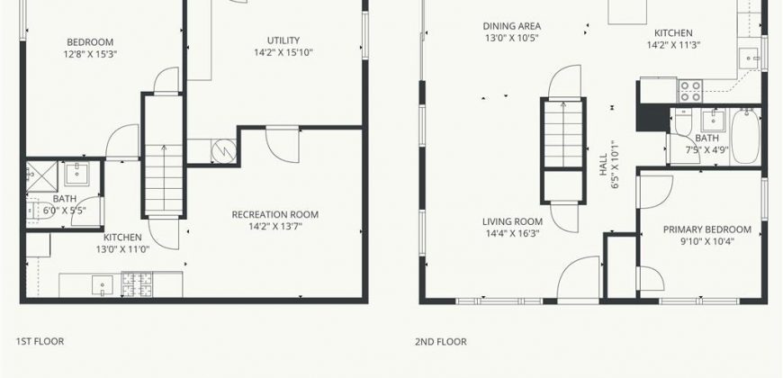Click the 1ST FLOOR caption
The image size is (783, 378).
click(40, 341)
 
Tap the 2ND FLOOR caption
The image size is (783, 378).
click(441, 341)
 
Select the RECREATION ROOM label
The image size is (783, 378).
click(275, 215)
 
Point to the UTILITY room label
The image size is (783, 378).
click(283, 40)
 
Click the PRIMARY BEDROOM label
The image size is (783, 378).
click(707, 229)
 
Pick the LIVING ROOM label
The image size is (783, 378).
click(512, 221)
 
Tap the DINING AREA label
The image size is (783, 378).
click(512, 26)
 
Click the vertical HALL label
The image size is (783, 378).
click(603, 165)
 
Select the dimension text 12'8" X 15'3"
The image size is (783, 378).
click(90, 54)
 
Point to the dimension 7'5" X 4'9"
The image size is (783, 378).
click(707, 149)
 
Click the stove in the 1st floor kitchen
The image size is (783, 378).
click(138, 284)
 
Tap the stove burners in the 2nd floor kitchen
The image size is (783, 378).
click(690, 92)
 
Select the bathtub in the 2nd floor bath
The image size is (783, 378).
click(745, 136)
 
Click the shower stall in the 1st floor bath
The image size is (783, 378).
click(42, 176)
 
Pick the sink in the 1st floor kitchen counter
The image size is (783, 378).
click(103, 285)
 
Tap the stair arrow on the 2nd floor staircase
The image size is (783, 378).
click(563, 134)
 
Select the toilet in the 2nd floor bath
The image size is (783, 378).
click(682, 124)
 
